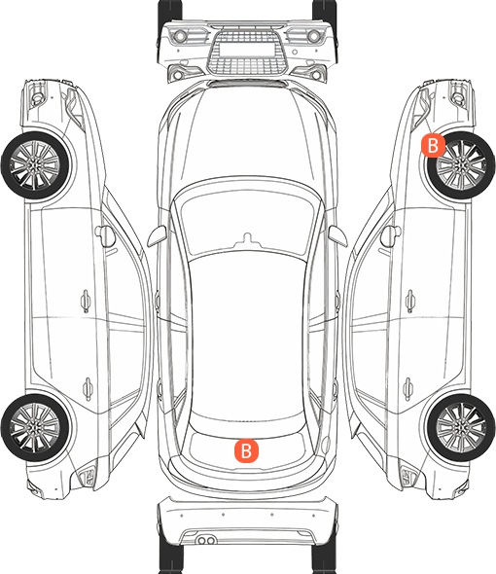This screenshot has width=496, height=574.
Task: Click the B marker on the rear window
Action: pyautogui.click(x=246, y=451)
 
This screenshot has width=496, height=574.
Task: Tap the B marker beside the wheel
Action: pyautogui.click(x=433, y=145)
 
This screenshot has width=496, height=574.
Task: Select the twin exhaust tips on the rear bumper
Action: pyautogui.click(x=206, y=540)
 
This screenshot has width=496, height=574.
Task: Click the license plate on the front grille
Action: pyautogui.click(x=247, y=50)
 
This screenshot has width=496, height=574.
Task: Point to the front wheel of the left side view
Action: pyautogui.click(x=35, y=165)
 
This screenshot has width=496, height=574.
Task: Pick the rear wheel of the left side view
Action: pyautogui.click(x=35, y=427)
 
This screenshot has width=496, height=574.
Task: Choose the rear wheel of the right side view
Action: pyautogui.click(x=461, y=427)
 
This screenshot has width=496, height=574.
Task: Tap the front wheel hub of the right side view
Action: pyautogui.click(x=461, y=165)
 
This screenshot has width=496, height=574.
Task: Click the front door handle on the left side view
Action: pyautogui.click(x=86, y=301)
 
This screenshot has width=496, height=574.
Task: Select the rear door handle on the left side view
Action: pyautogui.click(x=88, y=388)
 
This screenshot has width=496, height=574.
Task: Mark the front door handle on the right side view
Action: pyautogui.click(x=410, y=301)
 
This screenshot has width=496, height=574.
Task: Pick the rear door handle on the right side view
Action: pyautogui.click(x=408, y=388)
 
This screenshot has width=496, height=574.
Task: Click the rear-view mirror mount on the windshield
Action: pyautogui.click(x=248, y=239)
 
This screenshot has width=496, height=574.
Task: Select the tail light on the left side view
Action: pyautogui.click(x=87, y=477)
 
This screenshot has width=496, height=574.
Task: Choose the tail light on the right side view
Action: pyautogui.click(x=409, y=477)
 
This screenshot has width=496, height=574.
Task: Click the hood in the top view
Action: pyautogui.click(x=248, y=135)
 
